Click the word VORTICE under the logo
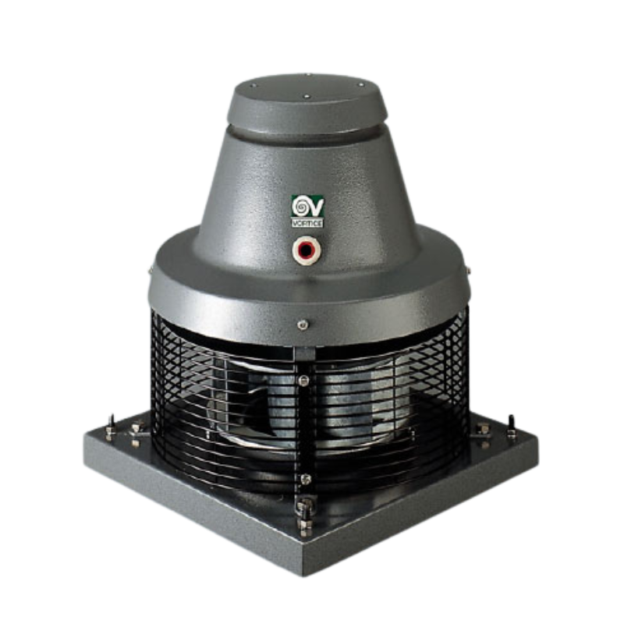pyautogui.click(x=307, y=223)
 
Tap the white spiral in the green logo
pyautogui.click(x=300, y=207)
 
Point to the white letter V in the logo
pyautogui.click(x=316, y=207)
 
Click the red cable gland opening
pyautogui.click(x=305, y=250)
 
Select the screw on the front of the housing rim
pyautogui.click(x=303, y=324)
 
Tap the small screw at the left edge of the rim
pyautogui.click(x=151, y=271)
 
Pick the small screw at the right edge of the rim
pyautogui.click(x=469, y=271)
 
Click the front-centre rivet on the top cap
pyautogui.click(x=307, y=96)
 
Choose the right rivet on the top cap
pyautogui.click(x=360, y=84)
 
